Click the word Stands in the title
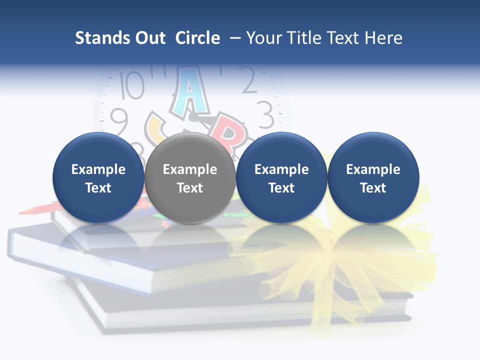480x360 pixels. pos(100,38)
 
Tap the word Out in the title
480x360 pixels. pos(149,38)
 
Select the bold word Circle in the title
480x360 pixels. pos(197,38)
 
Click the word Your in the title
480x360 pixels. pos(262,38)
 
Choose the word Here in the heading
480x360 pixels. pos(382,38)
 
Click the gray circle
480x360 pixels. pos(190,177)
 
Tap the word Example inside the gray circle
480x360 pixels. pos(190,169)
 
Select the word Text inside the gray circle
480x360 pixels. pos(190,188)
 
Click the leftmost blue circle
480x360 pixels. pos(98,177)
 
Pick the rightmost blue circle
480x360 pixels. pos(373,177)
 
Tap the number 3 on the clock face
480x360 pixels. pos(265,114)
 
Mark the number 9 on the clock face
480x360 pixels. pos(119,121)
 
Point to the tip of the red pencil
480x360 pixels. pos(20,212)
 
